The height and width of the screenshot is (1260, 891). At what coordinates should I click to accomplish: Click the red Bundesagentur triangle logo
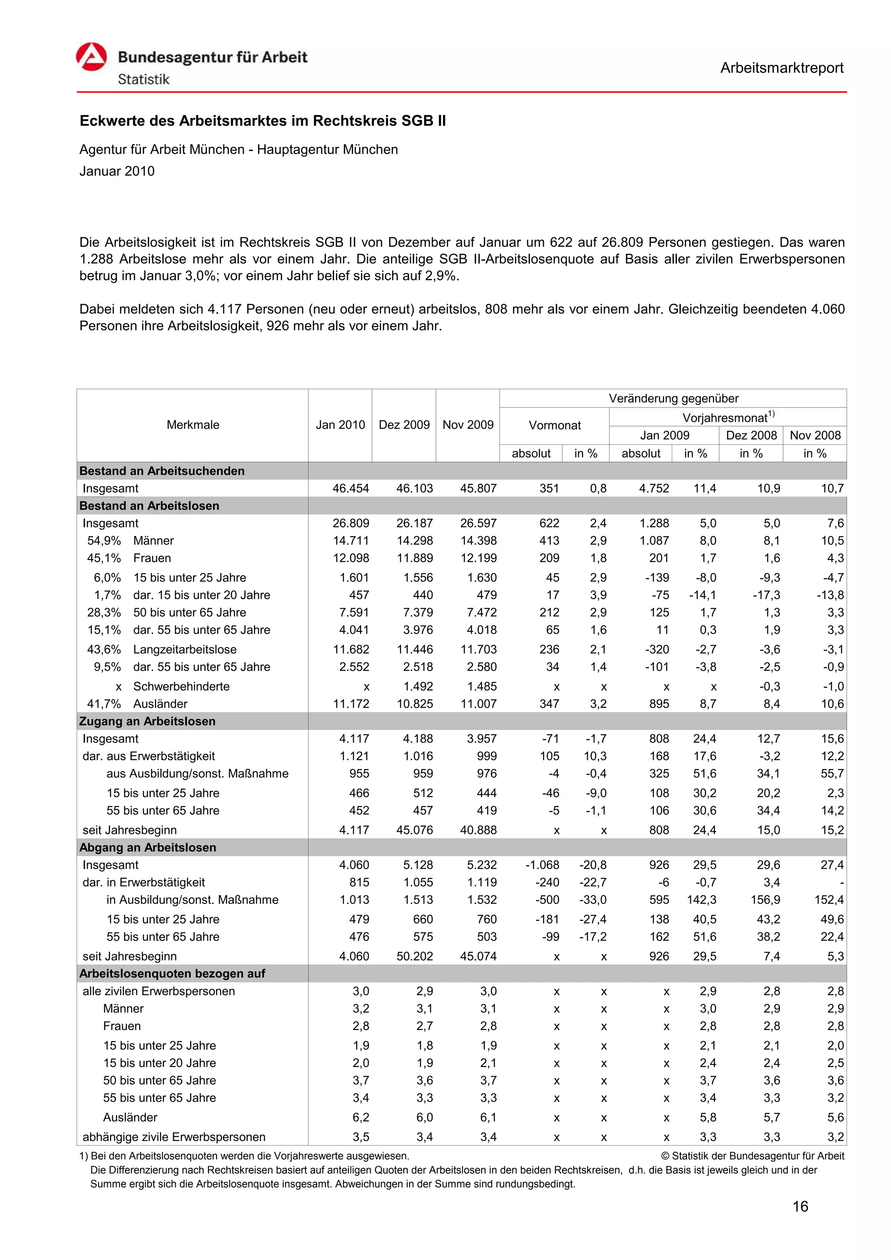tap(91, 57)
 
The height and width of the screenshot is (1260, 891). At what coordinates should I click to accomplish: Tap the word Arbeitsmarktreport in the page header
tap(781, 68)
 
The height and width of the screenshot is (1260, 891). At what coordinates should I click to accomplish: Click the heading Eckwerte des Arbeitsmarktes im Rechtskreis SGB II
tap(262, 121)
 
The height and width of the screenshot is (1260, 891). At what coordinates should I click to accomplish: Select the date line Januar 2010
tap(117, 171)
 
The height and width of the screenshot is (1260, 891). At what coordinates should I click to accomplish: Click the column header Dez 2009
tap(404, 425)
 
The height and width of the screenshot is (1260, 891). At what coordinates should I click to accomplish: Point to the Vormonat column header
tap(554, 425)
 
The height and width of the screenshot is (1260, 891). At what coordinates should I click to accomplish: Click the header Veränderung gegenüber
tap(673, 398)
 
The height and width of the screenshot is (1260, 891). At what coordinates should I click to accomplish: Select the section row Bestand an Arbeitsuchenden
tap(162, 471)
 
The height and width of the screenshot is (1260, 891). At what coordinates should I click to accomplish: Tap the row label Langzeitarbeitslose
tap(184, 649)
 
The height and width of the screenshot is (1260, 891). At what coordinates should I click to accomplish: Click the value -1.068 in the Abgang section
tap(543, 865)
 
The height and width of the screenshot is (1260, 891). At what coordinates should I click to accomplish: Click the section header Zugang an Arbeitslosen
tap(147, 721)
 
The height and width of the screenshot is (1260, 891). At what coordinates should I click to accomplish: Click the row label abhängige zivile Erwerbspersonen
tap(174, 1137)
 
